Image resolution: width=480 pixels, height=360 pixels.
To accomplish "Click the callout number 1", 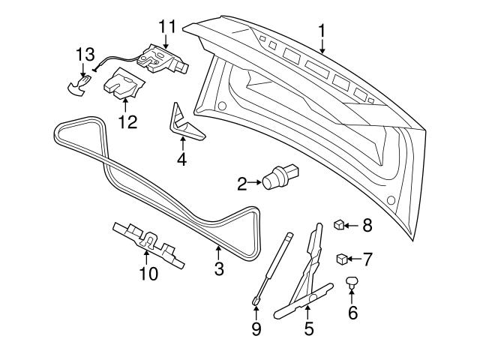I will tap(322, 31).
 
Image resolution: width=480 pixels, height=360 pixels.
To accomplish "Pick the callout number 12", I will tap(127, 121).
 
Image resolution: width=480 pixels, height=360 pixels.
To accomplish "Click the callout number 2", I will tap(242, 181).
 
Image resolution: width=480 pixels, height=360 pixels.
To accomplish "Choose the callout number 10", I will tap(148, 274).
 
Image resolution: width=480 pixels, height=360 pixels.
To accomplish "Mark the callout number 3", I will tap(219, 268).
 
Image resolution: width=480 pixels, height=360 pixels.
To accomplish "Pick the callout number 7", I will tap(367, 260).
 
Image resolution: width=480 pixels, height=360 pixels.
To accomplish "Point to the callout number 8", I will tap(367, 224).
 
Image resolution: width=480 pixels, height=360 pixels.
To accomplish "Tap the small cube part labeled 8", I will tap(340, 223).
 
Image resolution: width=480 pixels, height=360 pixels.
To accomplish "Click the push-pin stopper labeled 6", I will tap(352, 283).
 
